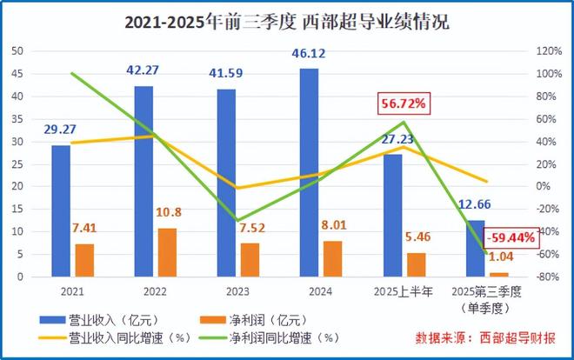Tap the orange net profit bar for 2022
tap(167, 252)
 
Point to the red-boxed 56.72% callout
tap(403, 104)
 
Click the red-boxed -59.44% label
tap(511, 237)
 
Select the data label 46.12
tap(309, 54)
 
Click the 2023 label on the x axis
tap(238, 291)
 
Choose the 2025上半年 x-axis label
tap(404, 291)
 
